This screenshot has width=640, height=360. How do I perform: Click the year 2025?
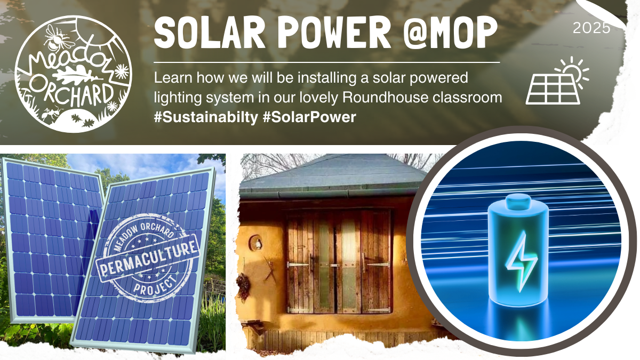(591, 28)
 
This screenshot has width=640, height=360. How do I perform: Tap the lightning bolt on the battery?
(517, 257)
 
